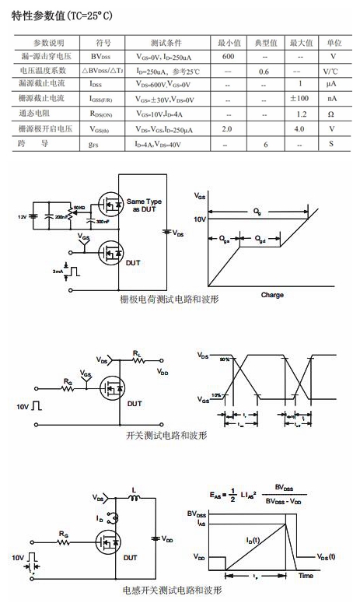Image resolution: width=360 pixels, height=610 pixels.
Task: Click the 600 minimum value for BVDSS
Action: coord(228,58)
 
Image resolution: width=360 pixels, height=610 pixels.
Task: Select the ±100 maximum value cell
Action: coord(300,99)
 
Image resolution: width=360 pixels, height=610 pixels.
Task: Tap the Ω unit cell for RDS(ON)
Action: coord(333,114)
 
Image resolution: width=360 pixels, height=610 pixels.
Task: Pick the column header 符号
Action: coord(103,42)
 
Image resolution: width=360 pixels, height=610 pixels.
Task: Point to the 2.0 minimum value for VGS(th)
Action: coord(227,128)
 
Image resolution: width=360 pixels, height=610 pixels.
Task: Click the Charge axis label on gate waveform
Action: coord(272,295)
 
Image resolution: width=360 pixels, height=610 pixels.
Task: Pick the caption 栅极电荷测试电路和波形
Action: coord(167,300)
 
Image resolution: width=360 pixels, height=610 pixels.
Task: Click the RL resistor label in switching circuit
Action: coord(137,352)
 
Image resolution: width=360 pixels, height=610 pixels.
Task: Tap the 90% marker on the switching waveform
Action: coord(225,359)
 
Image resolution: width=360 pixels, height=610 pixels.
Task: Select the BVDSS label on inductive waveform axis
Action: coord(197,514)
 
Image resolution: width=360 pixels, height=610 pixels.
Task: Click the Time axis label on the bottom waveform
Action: coord(306,576)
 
